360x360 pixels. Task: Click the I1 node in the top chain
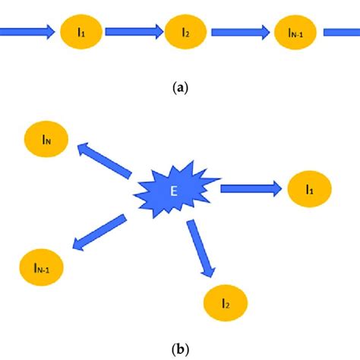coord(80,33)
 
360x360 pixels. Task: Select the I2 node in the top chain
coord(186,34)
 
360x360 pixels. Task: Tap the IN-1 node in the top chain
coord(295,34)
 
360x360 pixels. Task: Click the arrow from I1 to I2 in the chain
coord(133,32)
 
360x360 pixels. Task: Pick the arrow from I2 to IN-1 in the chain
coord(240,33)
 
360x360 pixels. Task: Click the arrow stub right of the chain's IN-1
coord(342,33)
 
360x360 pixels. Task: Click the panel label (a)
coord(180,88)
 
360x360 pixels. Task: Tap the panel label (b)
coord(180,349)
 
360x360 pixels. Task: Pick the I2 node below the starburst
coord(226,303)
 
